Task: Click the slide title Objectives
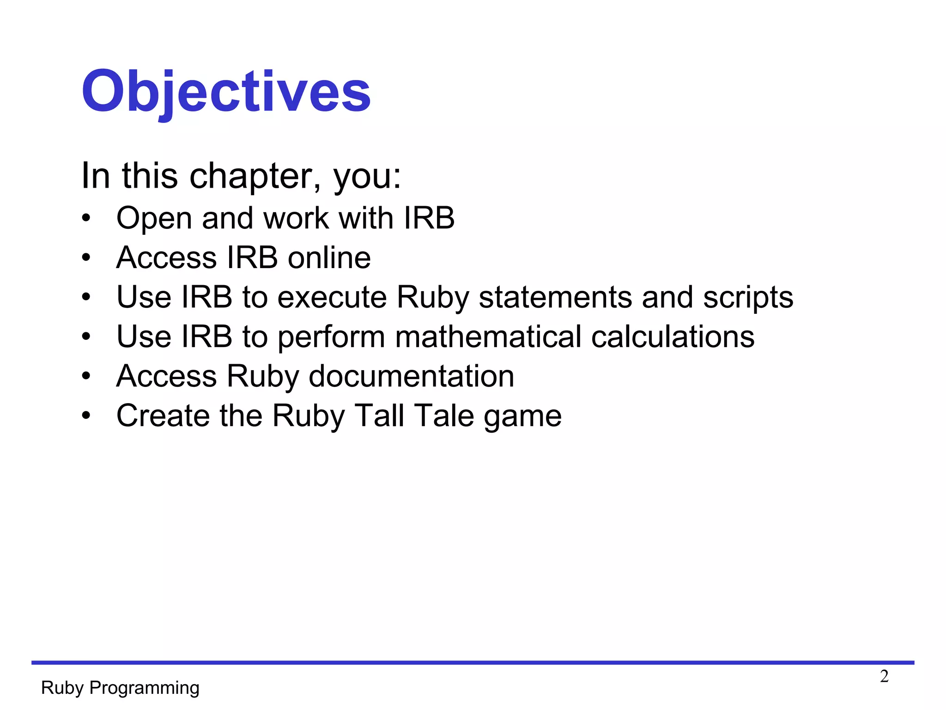click(226, 91)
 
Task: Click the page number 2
click(884, 676)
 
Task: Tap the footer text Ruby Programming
click(120, 688)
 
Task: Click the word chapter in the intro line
click(253, 176)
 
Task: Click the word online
click(329, 257)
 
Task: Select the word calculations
click(673, 337)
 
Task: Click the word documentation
click(411, 376)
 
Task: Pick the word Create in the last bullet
click(163, 416)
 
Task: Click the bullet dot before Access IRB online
click(86, 257)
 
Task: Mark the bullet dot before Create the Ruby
click(86, 416)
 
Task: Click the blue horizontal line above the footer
click(473, 662)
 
